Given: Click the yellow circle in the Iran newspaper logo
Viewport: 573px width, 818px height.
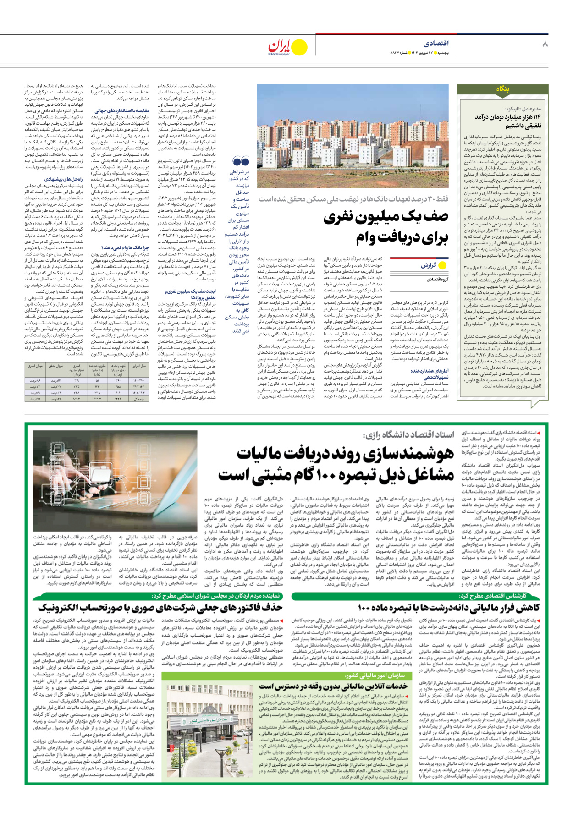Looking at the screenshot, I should [x=299, y=47].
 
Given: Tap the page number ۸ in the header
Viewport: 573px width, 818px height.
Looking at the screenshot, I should [x=545, y=44].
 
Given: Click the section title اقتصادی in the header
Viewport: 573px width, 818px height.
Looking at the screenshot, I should [x=435, y=44].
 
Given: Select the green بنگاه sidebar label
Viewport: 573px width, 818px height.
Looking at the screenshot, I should [x=502, y=89].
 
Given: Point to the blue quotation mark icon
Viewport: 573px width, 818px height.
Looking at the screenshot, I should [x=241, y=161].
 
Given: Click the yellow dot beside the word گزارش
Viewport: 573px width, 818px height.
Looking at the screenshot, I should [x=442, y=265].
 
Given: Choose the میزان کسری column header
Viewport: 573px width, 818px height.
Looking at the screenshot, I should [x=35, y=367].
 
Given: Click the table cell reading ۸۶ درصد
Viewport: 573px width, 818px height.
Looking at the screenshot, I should [x=35, y=381].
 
